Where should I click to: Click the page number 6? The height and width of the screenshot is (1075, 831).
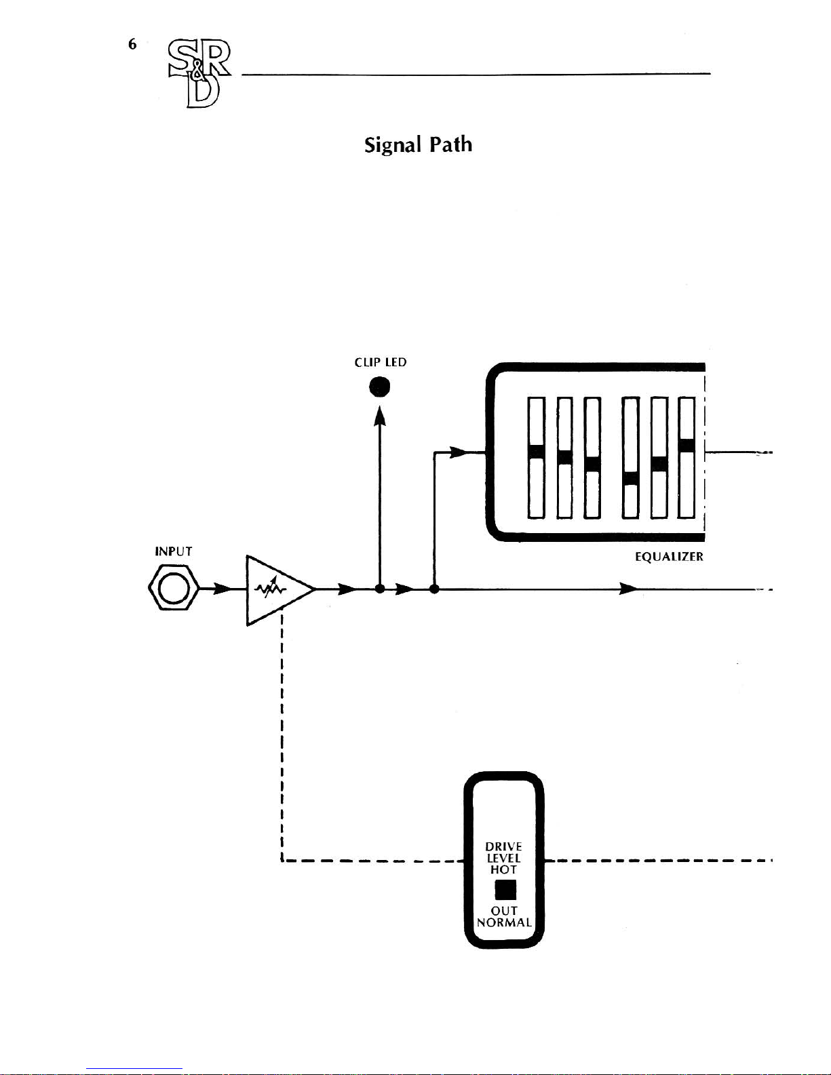pyautogui.click(x=132, y=45)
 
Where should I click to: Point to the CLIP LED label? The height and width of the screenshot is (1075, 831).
pyautogui.click(x=381, y=362)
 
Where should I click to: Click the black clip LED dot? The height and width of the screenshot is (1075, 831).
pyautogui.click(x=380, y=387)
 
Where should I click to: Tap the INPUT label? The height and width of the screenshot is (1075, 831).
pyautogui.click(x=174, y=551)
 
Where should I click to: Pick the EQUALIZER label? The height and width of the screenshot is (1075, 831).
pyautogui.click(x=668, y=557)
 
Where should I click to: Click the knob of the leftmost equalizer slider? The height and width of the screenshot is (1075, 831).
pyautogui.click(x=537, y=452)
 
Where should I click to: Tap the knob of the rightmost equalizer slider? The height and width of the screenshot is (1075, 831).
pyautogui.click(x=687, y=446)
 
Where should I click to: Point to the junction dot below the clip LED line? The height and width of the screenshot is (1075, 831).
pyautogui.click(x=380, y=589)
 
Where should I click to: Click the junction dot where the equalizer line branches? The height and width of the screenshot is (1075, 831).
pyautogui.click(x=434, y=589)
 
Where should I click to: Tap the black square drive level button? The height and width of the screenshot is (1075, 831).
pyautogui.click(x=505, y=889)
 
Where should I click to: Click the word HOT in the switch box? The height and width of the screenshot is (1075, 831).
pyautogui.click(x=504, y=869)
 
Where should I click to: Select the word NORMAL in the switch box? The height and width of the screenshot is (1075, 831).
pyautogui.click(x=504, y=922)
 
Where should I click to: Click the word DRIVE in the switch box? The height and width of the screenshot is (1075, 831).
pyautogui.click(x=504, y=846)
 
